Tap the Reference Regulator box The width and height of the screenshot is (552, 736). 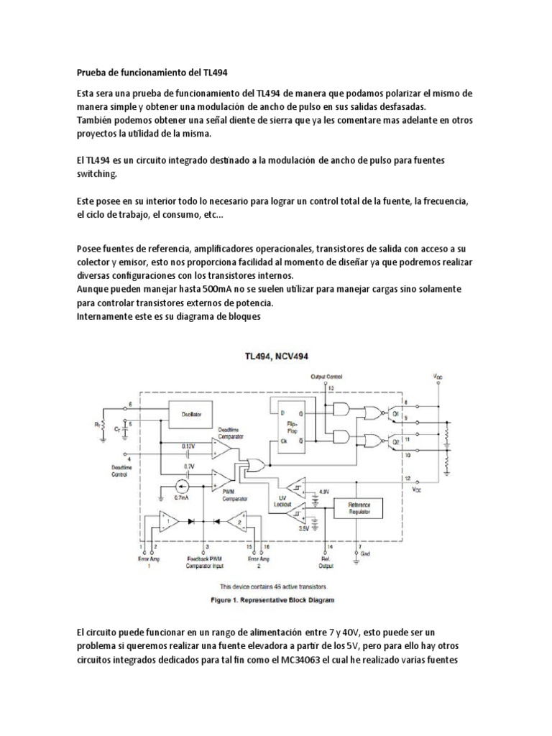(x=358, y=509)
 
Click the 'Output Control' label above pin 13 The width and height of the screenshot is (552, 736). (x=327, y=377)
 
